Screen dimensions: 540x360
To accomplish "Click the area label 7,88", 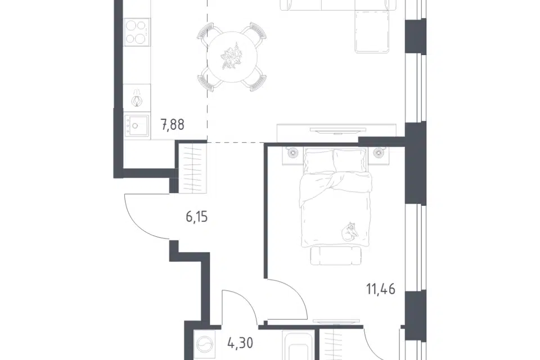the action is pyautogui.click(x=173, y=124).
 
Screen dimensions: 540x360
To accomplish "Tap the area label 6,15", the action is pyautogui.click(x=197, y=217).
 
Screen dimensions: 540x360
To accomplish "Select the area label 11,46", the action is pyautogui.click(x=381, y=289).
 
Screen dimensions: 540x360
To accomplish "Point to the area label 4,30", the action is pyautogui.click(x=240, y=343).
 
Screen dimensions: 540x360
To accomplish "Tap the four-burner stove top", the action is pyautogui.click(x=137, y=33).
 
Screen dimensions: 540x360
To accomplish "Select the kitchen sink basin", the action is pyautogui.click(x=137, y=125).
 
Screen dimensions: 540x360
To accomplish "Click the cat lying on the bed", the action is pyautogui.click(x=349, y=231).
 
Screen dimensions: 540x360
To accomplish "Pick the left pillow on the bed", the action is pyautogui.click(x=318, y=160).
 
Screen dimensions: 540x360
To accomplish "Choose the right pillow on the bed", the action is pyautogui.click(x=349, y=160).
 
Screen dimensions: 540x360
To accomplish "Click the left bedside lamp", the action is pyautogui.click(x=292, y=152).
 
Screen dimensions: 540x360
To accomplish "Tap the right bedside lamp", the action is pyautogui.click(x=378, y=152).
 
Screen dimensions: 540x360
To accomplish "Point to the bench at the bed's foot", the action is pyautogui.click(x=336, y=255).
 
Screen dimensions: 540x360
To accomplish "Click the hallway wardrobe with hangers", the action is pyautogui.click(x=192, y=168).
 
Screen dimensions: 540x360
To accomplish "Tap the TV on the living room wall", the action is pyautogui.click(x=338, y=130).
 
